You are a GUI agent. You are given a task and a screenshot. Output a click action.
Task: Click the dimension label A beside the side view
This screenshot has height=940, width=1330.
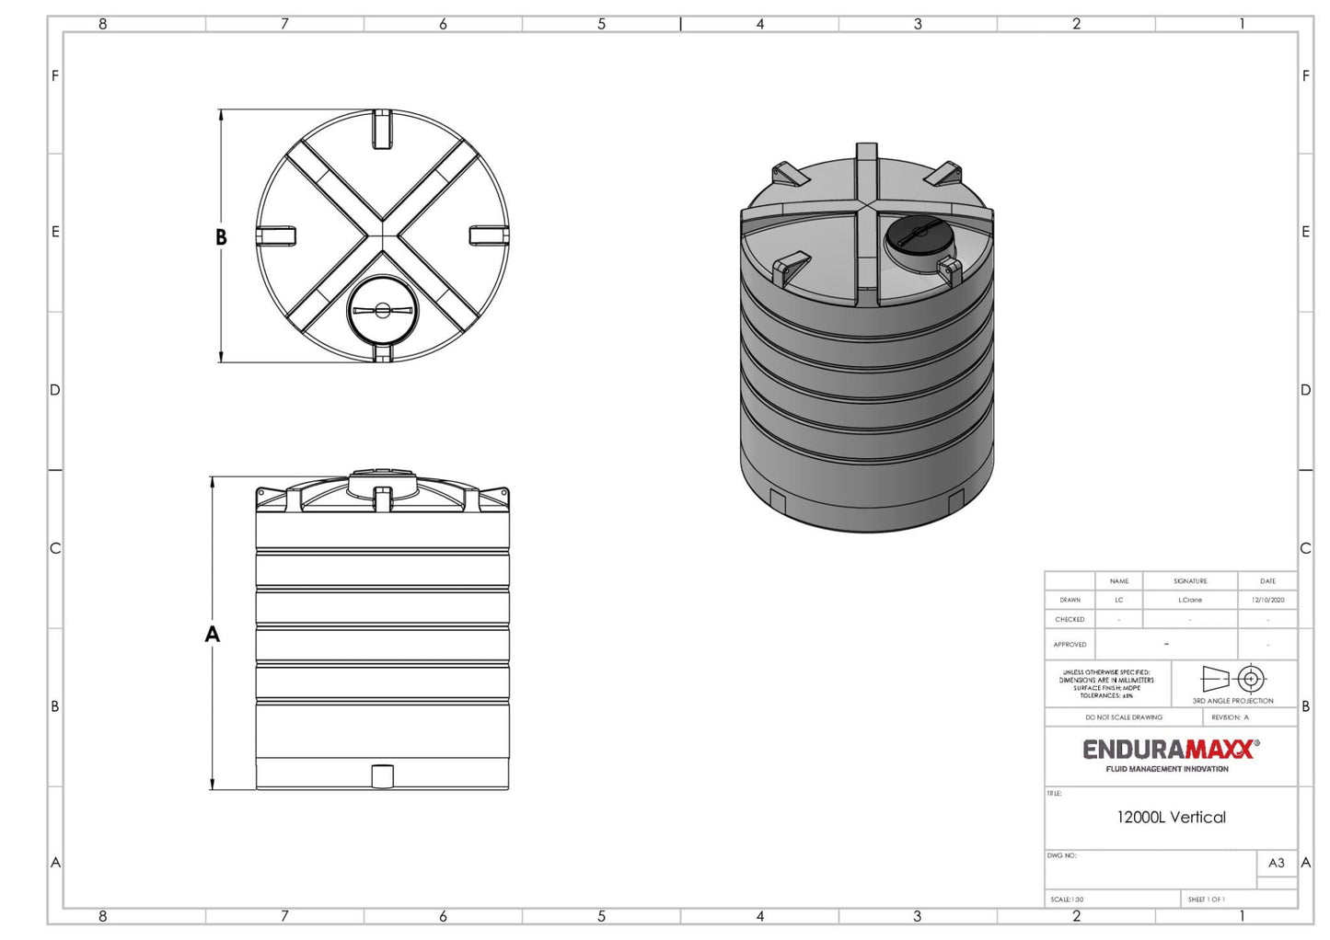[x=213, y=634]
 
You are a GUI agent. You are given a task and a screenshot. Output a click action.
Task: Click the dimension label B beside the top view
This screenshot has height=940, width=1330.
[x=221, y=237]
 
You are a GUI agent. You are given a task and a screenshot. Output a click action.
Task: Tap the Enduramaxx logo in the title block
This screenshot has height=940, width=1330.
[x=1170, y=753]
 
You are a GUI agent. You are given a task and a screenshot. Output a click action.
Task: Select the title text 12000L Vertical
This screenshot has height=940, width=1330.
[x=1171, y=817]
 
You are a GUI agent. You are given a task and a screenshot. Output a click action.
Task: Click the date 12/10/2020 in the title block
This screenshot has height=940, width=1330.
[x=1267, y=600]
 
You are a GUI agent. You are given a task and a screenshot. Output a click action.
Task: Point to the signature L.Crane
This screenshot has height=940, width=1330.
[x=1190, y=600]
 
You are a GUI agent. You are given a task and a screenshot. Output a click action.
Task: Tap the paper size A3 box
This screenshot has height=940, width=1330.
[x=1276, y=863]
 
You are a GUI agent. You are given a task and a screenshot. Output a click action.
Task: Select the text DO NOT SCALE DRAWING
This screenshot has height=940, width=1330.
[x=1123, y=717]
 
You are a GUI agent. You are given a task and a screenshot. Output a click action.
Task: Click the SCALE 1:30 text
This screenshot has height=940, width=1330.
[x=1067, y=900]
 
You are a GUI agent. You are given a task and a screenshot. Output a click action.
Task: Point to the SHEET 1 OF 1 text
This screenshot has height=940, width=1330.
[x=1206, y=900]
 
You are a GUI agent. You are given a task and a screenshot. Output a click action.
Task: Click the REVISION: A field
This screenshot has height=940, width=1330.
[x=1230, y=717]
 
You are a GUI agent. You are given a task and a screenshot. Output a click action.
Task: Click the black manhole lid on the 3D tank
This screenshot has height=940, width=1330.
[x=918, y=237]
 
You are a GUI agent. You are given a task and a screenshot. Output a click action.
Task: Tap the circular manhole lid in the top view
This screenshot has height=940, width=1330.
[x=382, y=310]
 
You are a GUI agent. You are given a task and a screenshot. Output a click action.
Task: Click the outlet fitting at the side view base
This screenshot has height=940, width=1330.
[x=382, y=776]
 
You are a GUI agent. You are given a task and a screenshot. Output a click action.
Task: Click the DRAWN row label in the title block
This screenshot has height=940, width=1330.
[x=1070, y=600]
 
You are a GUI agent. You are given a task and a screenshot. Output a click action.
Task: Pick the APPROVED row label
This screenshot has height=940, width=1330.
[x=1070, y=645]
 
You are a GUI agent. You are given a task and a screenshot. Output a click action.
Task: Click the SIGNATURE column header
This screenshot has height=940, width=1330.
[x=1190, y=581]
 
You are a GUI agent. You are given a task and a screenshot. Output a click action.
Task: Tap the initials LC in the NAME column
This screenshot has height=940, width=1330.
[x=1119, y=600]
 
